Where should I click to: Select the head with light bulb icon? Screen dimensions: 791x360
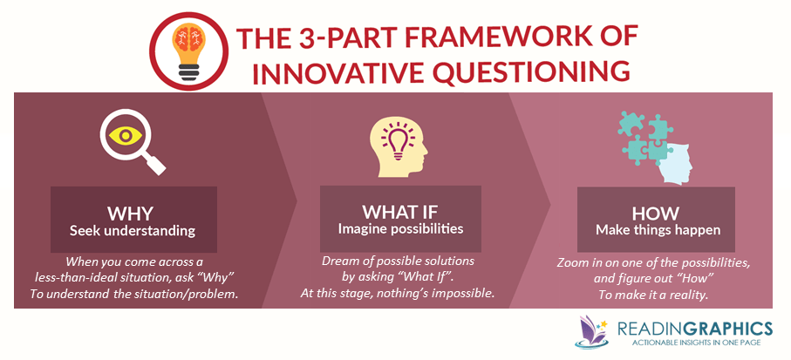click(399, 147)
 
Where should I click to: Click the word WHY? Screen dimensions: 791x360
click(133, 214)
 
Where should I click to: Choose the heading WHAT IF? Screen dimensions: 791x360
click(400, 211)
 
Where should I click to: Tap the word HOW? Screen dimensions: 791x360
click(655, 214)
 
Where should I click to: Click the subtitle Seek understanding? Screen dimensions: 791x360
click(133, 231)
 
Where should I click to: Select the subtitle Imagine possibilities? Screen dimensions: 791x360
click(400, 229)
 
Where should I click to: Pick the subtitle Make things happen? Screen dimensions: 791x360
click(658, 230)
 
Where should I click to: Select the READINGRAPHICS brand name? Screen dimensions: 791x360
click(695, 329)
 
